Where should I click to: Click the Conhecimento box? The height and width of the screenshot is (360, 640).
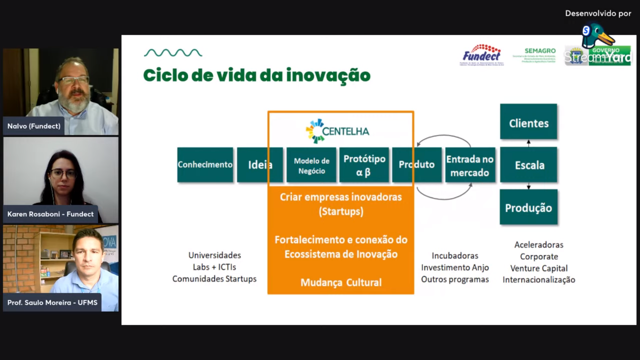point(205,165)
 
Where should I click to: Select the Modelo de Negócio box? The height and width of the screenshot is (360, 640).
point(311,165)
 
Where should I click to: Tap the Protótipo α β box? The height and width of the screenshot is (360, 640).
point(364,165)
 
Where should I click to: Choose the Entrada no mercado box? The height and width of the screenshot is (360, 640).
point(470,165)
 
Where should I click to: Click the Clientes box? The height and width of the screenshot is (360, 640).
point(528,122)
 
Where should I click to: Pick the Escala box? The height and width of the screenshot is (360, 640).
point(529,165)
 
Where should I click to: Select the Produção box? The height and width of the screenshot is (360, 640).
point(528,207)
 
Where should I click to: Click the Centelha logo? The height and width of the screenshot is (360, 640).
point(338,131)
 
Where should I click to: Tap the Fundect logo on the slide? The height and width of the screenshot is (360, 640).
point(481,55)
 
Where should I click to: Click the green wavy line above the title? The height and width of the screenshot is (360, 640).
point(173,53)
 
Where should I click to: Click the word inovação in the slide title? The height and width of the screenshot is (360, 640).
point(328,76)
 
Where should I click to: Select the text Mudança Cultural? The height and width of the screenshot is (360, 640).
point(341,283)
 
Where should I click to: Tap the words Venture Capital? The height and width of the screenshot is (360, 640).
point(539,268)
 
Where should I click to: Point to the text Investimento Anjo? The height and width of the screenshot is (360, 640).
point(455,268)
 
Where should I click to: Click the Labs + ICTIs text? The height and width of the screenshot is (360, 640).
point(214,267)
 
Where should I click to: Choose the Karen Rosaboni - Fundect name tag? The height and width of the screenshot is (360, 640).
point(50,214)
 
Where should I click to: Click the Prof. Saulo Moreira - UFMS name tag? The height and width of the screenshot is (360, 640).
point(52,303)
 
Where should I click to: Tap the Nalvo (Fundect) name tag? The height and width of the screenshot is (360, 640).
point(34,126)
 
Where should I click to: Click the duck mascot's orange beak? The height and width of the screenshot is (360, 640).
point(606,39)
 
